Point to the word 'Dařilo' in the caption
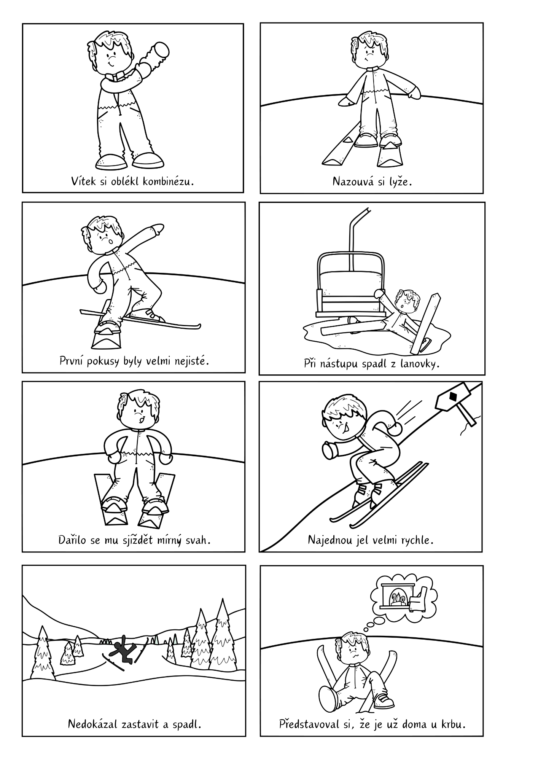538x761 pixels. point(71,540)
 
